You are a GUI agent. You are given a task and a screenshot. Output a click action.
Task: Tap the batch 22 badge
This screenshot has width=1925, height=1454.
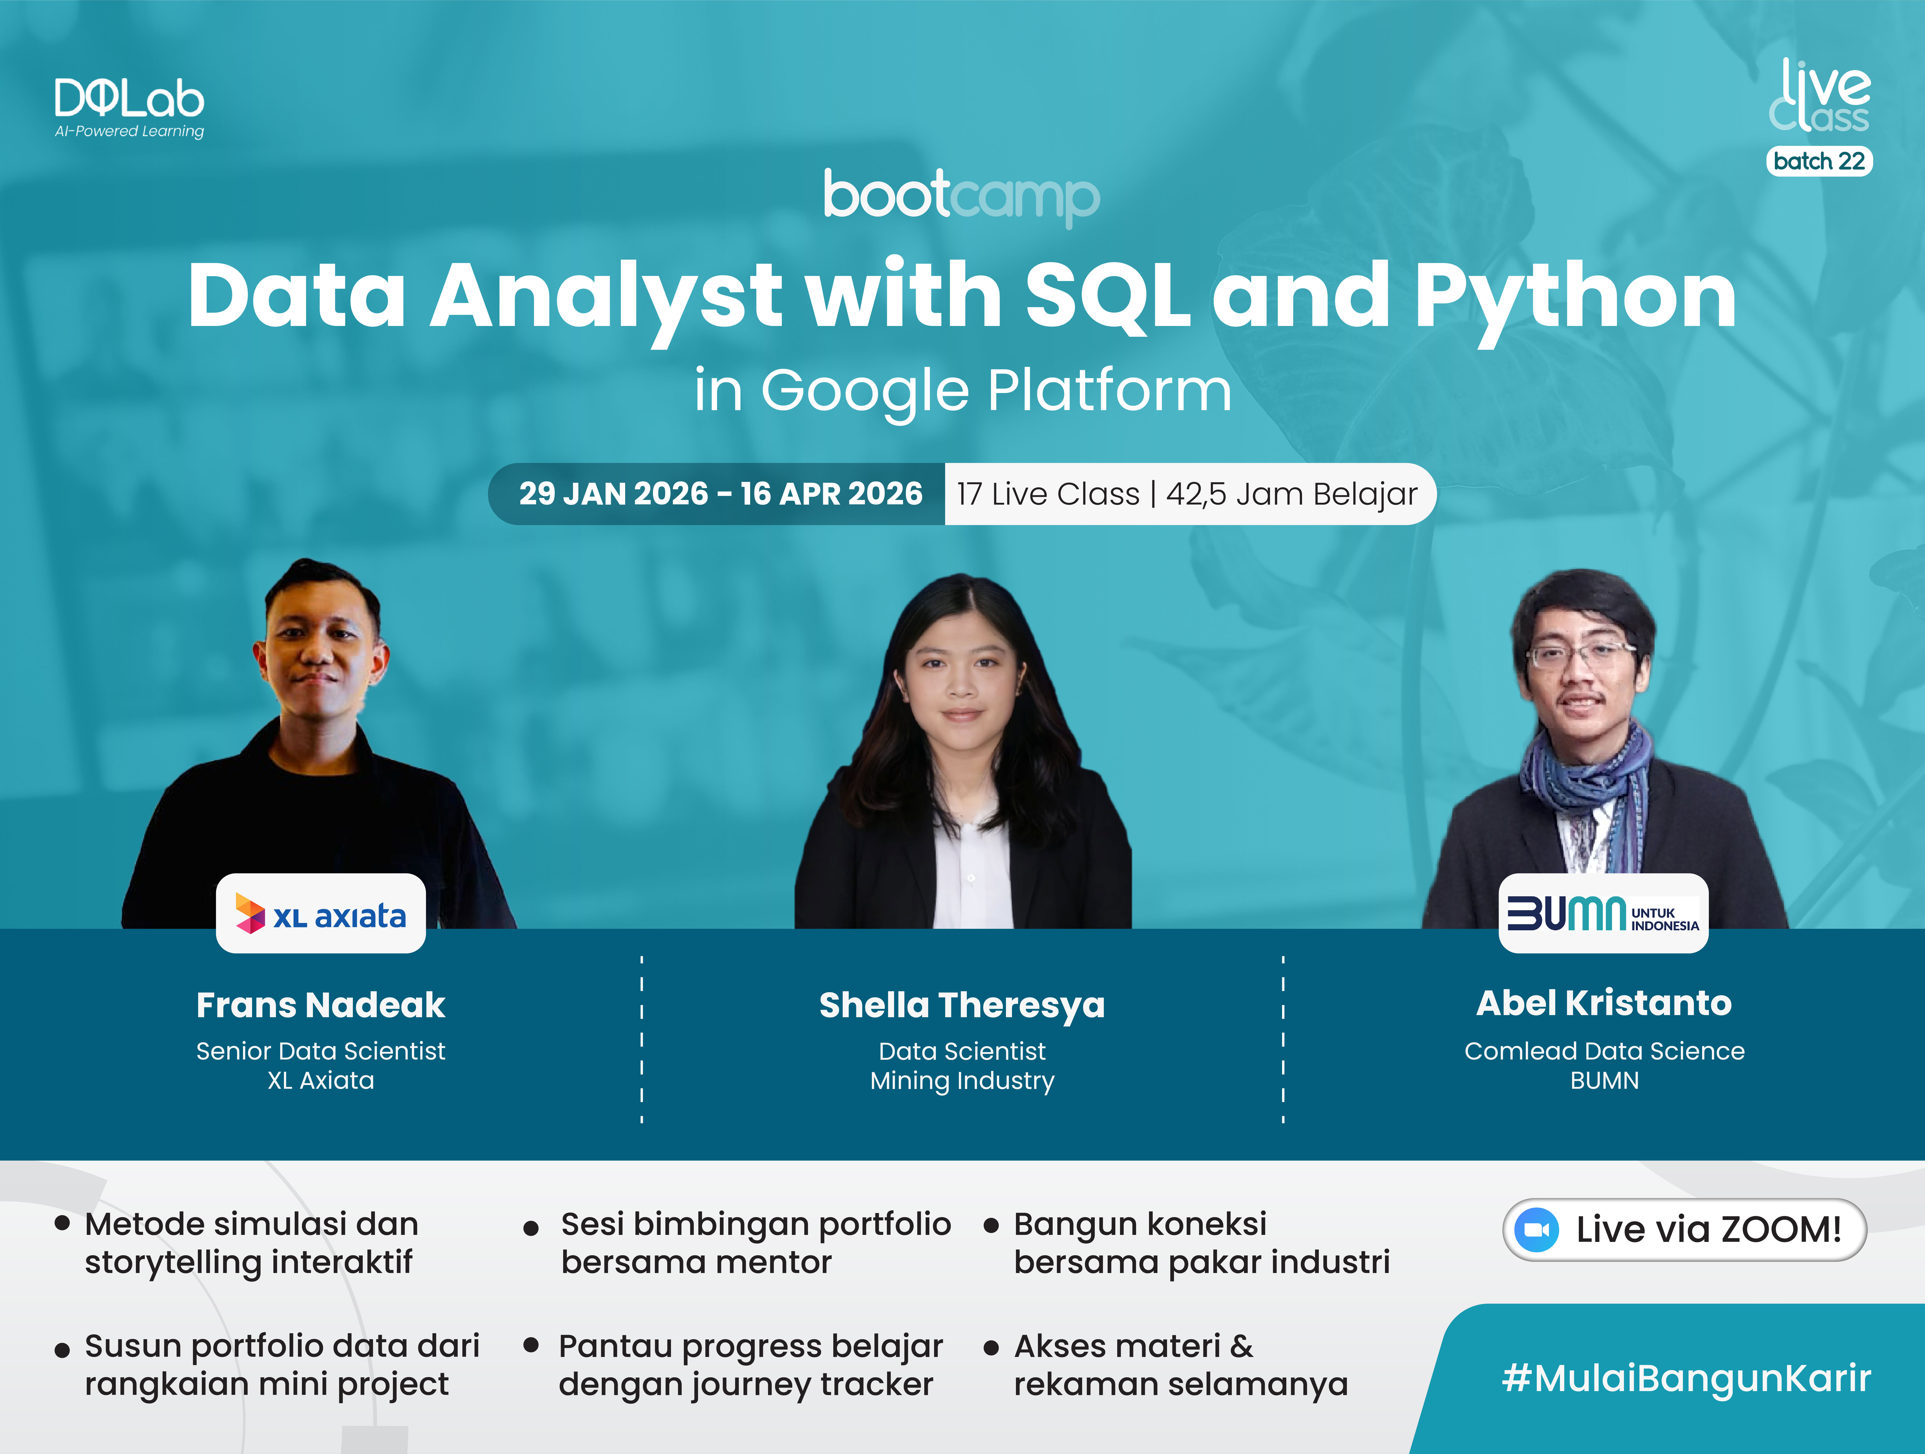pos(1819,161)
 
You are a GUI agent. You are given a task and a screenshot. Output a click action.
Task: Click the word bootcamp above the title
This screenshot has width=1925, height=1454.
pos(962,197)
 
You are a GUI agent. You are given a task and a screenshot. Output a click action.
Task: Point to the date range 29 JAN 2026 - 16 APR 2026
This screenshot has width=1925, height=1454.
pos(721,493)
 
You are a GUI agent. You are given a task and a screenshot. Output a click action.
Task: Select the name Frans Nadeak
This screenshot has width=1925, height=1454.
pos(320,1005)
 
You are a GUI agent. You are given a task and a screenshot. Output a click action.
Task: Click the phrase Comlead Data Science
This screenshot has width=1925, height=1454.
pos(1604,1051)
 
